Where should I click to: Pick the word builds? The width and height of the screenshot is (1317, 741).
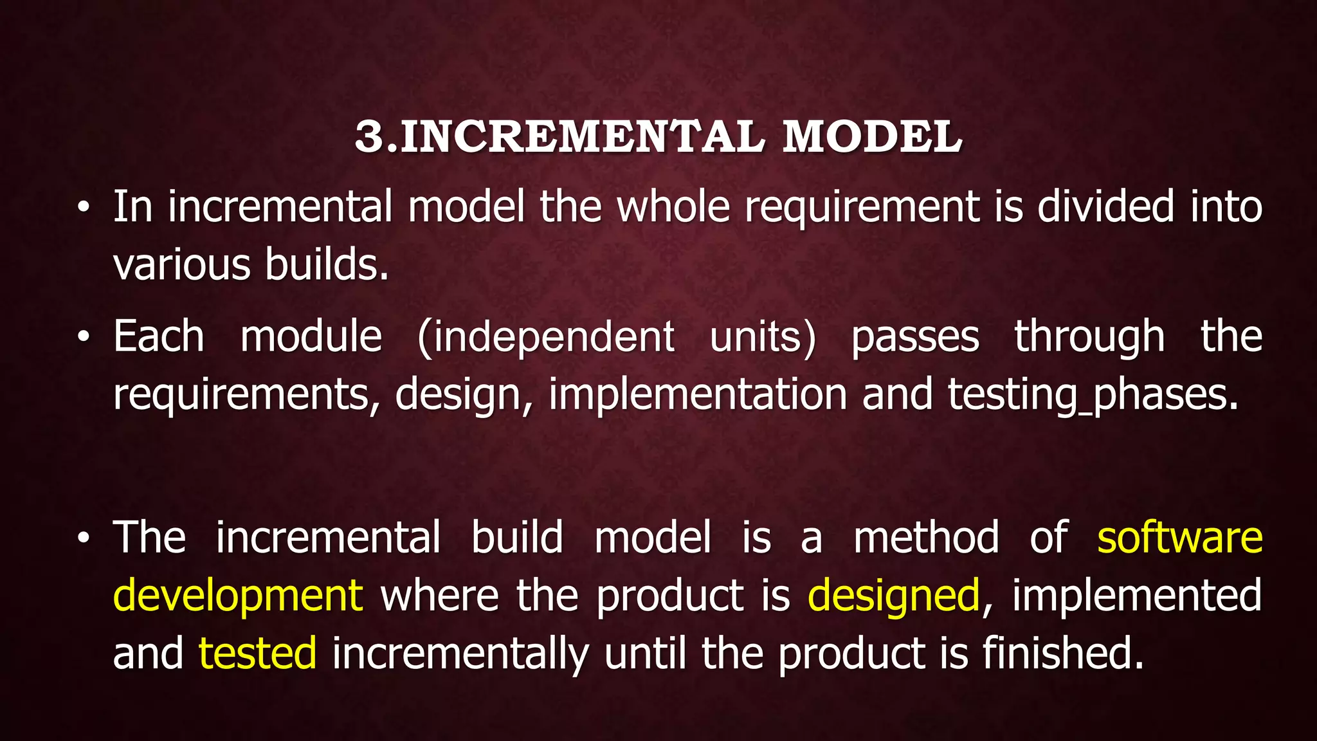coord(327,265)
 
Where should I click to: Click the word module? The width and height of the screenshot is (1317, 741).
coord(311,337)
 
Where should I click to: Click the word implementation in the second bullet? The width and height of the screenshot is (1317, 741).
coord(698,395)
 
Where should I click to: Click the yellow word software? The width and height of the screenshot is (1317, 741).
coord(1179,538)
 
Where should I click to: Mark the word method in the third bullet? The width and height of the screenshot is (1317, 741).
coord(926,538)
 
